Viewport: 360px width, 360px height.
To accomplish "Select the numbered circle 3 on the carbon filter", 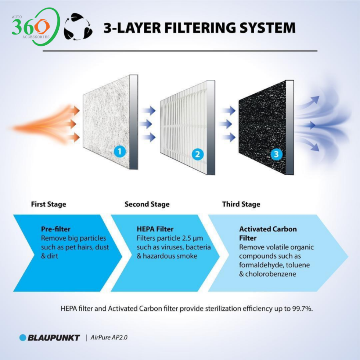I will (x=276, y=154).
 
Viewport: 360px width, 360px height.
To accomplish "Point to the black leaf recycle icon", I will (x=78, y=27).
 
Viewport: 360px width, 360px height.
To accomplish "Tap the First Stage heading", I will (x=49, y=204).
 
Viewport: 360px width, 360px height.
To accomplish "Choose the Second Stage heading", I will (x=147, y=204).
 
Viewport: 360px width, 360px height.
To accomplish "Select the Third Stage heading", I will (x=241, y=204).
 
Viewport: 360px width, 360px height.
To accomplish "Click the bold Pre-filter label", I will (x=56, y=229).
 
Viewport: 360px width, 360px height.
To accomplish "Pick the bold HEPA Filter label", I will (x=155, y=229).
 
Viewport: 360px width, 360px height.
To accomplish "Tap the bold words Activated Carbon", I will (x=268, y=229).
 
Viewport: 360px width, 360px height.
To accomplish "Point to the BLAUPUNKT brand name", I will (x=54, y=338).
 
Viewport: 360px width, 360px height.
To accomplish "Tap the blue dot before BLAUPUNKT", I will (x=23, y=338).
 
